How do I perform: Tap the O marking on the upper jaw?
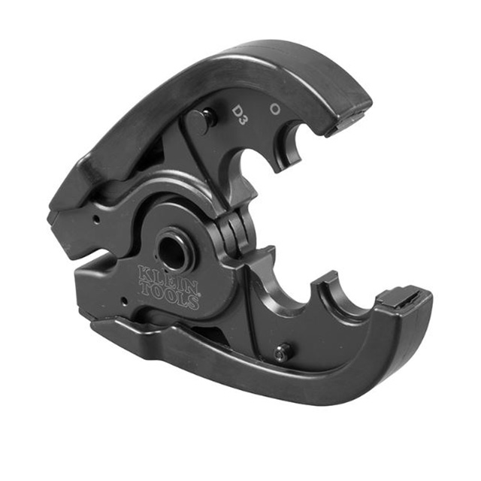point(276,108)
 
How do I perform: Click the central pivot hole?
point(173,253)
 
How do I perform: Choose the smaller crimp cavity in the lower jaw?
point(348,298)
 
